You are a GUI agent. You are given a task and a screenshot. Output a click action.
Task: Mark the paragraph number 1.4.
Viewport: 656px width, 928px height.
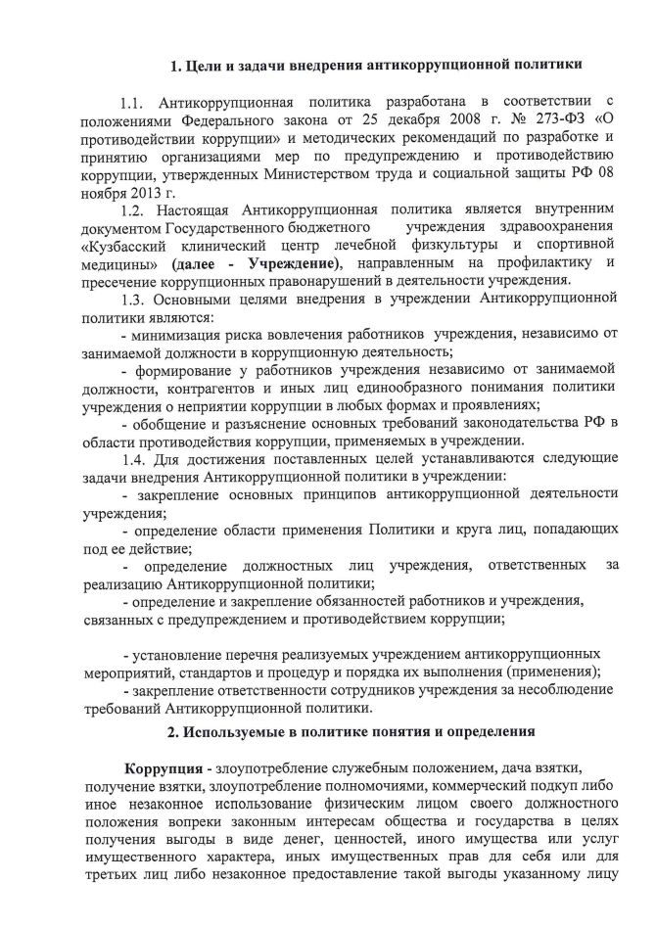pos(133,461)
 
